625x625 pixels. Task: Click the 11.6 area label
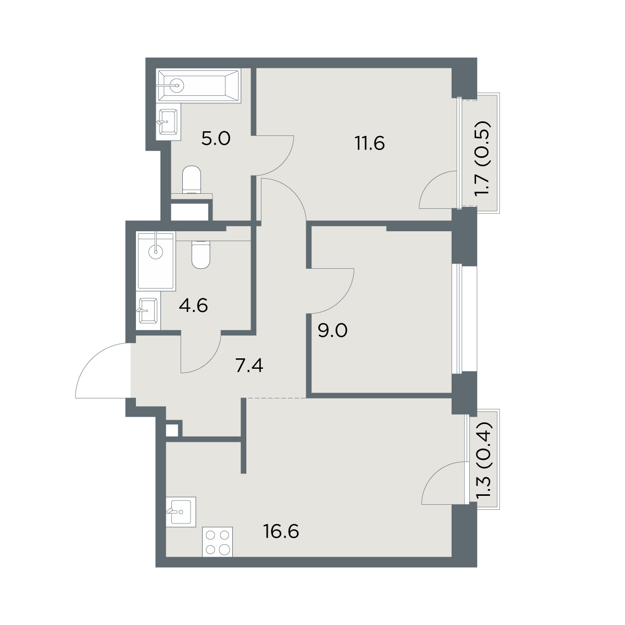tap(370, 143)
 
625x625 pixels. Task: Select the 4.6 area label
tap(193, 306)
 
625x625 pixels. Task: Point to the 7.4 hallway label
tap(249, 366)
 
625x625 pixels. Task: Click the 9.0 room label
tap(332, 331)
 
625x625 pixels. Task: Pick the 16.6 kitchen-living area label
tap(281, 532)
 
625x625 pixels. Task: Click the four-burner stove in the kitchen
tap(217, 542)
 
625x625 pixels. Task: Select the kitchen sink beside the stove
tap(181, 512)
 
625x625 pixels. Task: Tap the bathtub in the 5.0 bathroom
tap(199, 85)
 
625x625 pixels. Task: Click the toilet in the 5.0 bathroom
tap(192, 180)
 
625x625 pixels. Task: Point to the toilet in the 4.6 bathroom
tap(201, 255)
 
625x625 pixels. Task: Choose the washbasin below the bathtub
tap(168, 122)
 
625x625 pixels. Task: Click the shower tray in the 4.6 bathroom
tap(156, 260)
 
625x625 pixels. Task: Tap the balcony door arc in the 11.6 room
tap(431, 182)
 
